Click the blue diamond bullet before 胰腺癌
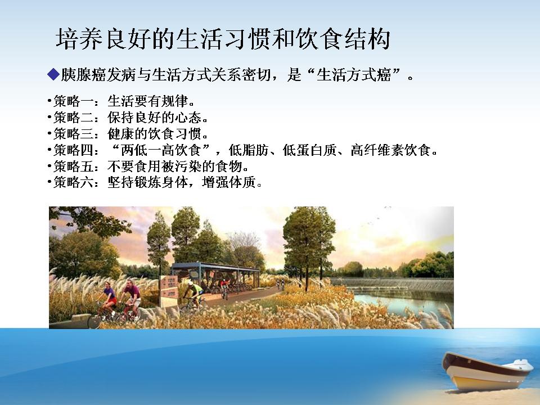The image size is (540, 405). (x=54, y=74)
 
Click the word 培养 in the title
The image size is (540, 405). (x=79, y=39)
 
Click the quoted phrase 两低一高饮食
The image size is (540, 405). (x=161, y=150)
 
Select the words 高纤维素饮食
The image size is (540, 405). (x=391, y=150)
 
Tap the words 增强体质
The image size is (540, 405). (x=229, y=182)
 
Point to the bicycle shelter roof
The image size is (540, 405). (x=215, y=266)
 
